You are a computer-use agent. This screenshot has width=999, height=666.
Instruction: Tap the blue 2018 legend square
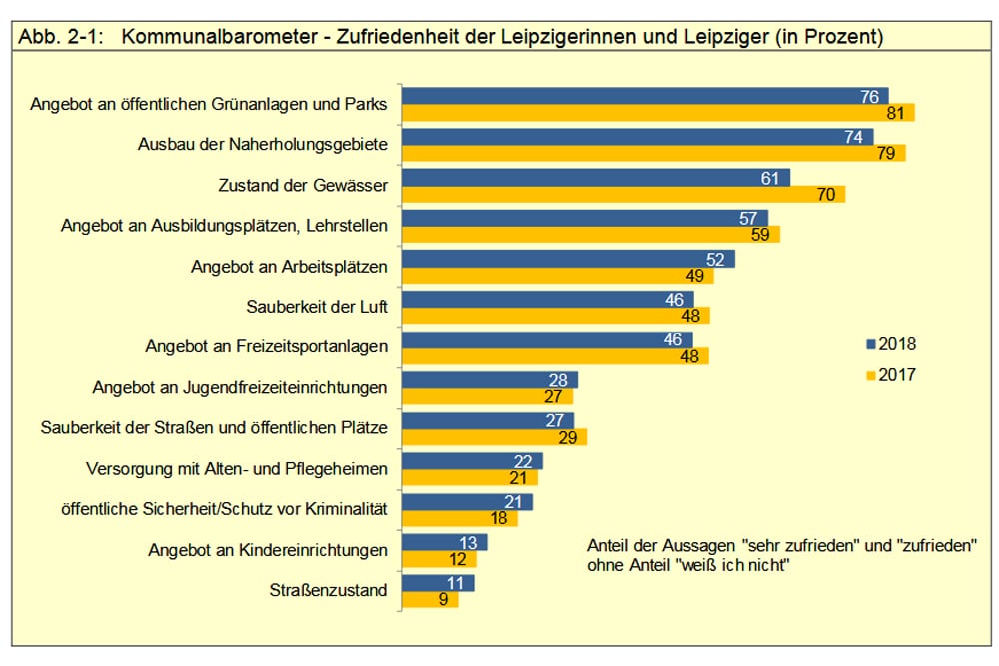point(870,344)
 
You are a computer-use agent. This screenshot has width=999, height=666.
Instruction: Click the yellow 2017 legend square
point(870,376)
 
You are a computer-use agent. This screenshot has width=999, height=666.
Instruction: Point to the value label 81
point(895,113)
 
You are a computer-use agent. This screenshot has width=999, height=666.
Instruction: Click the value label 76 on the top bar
point(869,97)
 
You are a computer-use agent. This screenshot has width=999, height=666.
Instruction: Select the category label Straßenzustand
point(328,591)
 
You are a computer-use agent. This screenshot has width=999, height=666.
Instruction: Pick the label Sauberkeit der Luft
point(317,307)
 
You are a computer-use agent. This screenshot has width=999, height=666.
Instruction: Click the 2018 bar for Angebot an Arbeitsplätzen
point(567,259)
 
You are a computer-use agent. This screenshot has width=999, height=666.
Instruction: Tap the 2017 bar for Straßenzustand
point(429,600)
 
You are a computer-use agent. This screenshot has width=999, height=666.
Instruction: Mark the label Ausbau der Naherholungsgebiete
point(262,145)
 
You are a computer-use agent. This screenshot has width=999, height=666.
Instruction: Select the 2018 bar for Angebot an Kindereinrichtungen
point(444,542)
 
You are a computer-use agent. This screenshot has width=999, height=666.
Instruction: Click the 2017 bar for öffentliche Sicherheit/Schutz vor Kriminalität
point(460,518)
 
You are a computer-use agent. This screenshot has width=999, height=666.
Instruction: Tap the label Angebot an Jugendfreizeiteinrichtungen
point(240,387)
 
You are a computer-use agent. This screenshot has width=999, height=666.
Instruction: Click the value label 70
point(825,194)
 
